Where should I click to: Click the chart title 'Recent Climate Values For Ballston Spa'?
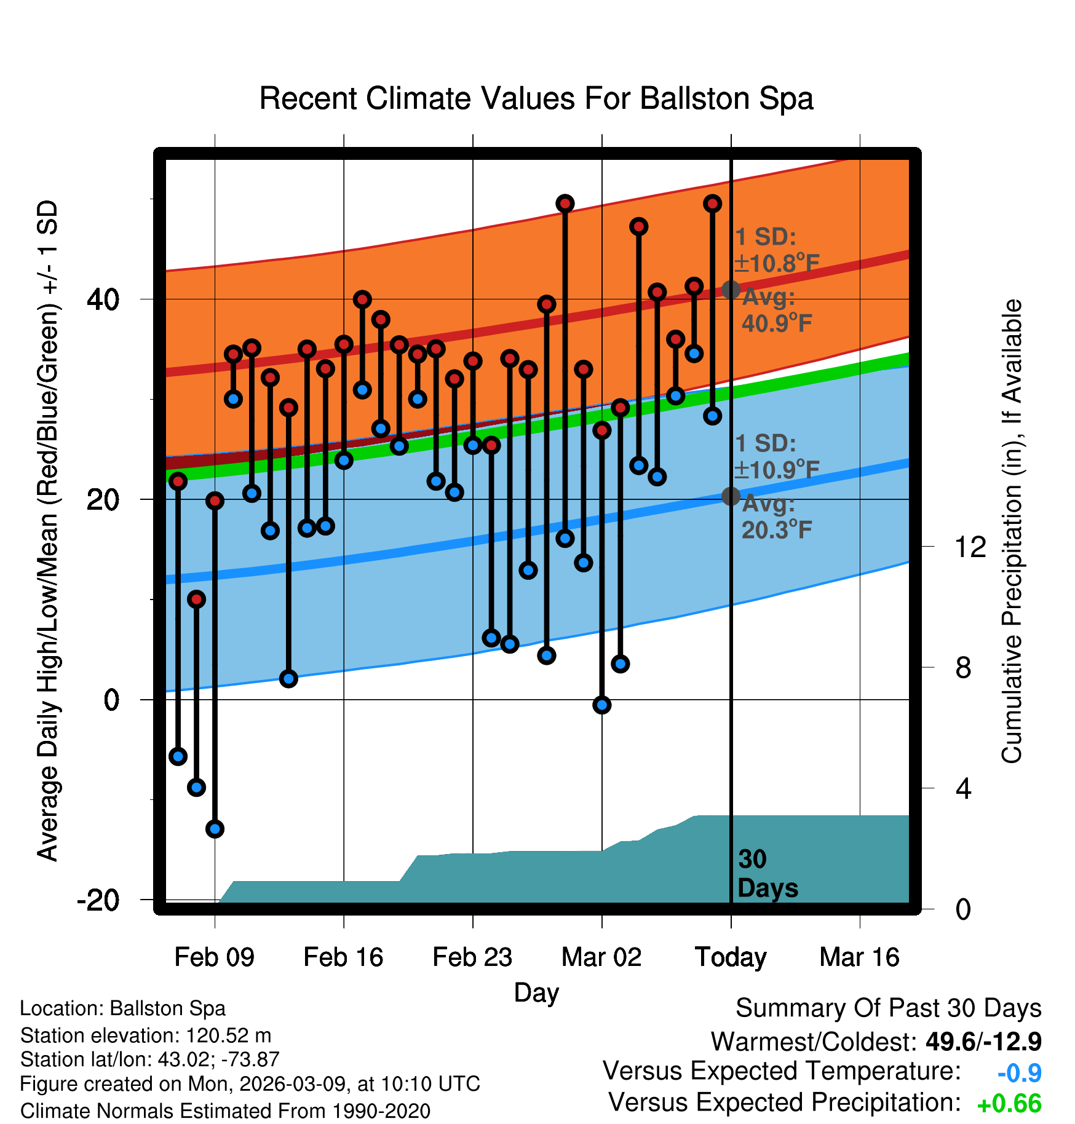pos(536,99)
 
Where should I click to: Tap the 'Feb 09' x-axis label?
pos(214,957)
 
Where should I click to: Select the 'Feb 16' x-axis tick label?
pos(343,957)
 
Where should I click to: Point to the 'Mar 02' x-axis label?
pos(601,957)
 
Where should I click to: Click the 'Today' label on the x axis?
pos(731,957)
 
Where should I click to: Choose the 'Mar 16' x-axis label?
pos(859,957)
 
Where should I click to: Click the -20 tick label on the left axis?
pos(98,901)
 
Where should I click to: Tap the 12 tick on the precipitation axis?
pos(970,547)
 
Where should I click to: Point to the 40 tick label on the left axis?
pos(103,300)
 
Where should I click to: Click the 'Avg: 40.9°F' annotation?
pos(776,311)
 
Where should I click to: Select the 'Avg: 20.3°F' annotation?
pos(776,517)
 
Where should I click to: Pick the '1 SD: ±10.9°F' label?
pos(776,457)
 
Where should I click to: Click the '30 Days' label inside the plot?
pos(767,874)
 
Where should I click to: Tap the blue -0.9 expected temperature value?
pos(1019,1073)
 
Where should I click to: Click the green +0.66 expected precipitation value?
pos(1009,1104)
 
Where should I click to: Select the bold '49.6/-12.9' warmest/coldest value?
pos(983,1042)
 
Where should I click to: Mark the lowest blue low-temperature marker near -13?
pos(215,829)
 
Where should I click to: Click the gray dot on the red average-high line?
pos(731,290)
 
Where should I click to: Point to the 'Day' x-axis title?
pos(536,992)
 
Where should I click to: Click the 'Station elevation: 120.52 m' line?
pos(146,1035)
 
